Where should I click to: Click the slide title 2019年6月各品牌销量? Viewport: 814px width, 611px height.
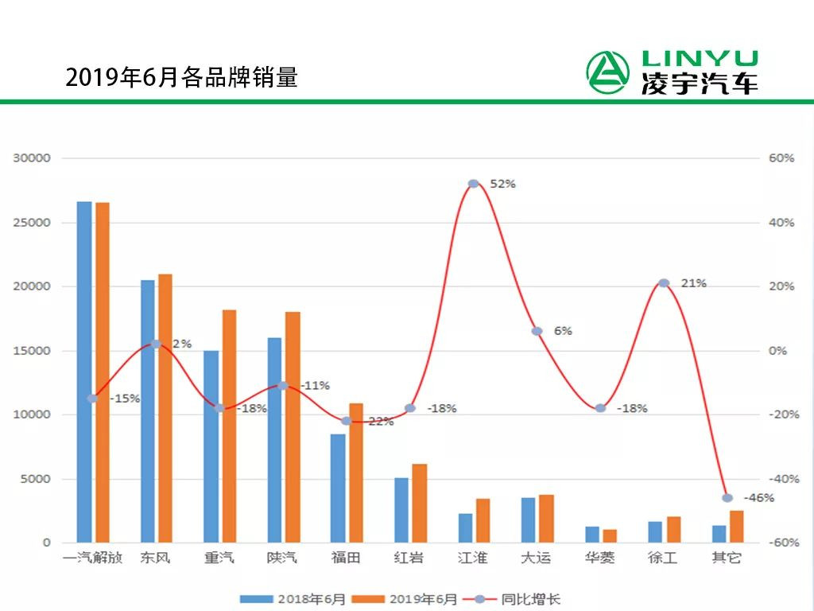point(181,77)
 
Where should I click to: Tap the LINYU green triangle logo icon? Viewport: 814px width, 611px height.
point(607,72)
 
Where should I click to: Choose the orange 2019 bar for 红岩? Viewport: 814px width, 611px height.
point(419,503)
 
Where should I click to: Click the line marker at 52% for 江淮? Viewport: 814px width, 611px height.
point(474,184)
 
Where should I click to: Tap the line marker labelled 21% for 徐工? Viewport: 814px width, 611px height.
point(665,283)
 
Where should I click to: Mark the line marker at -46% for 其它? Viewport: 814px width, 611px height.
point(727,498)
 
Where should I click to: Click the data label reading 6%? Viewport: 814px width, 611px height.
point(563,331)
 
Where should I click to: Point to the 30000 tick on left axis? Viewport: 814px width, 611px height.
point(32,158)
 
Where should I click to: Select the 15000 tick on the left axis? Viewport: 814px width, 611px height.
point(32,351)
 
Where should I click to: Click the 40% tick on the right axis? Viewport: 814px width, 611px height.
point(781,223)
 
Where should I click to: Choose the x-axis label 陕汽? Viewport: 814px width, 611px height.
point(282,558)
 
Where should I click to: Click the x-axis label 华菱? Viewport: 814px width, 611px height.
point(599,558)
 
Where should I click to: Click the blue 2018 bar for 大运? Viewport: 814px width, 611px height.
point(529,520)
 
